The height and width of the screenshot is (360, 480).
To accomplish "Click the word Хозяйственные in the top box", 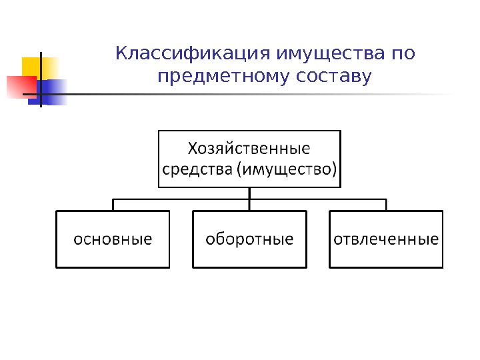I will click(x=249, y=147).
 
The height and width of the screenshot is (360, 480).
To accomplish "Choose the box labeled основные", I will click(x=113, y=239).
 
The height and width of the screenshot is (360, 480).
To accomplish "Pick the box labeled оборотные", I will click(x=250, y=239).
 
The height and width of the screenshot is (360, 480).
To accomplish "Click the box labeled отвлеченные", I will click(x=386, y=239).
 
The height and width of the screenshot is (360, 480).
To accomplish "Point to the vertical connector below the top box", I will click(x=249, y=193).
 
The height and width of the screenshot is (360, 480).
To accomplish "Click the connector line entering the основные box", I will click(x=113, y=205).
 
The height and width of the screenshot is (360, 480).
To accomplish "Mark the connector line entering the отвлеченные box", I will click(x=386, y=205).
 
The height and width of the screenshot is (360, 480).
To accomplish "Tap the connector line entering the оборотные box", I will click(x=249, y=205).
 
